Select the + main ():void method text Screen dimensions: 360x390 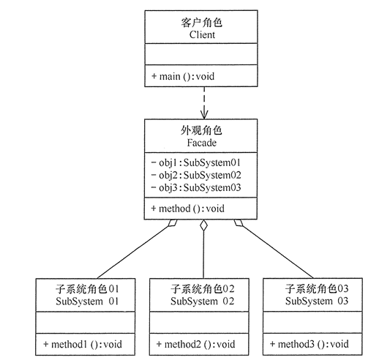(x=182, y=76)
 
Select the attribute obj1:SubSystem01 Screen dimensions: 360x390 (x=195, y=162)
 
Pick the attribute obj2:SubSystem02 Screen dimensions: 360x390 (x=195, y=175)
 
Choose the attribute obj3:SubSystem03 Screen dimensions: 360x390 (x=195, y=187)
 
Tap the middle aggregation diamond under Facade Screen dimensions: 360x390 (x=203, y=228)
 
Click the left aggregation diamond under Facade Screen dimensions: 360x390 (x=170, y=225)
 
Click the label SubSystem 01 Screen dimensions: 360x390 (x=86, y=301)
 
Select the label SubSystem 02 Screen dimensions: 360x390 (x=200, y=301)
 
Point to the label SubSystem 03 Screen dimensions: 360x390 (x=314, y=301)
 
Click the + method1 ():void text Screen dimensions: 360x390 (x=83, y=343)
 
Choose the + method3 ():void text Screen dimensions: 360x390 (x=310, y=343)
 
